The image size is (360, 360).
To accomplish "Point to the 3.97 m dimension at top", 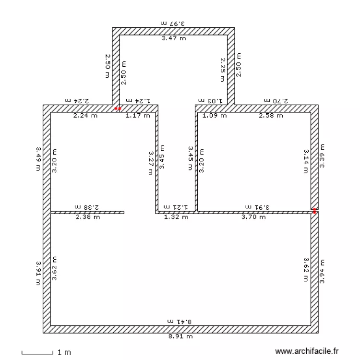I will tap(173, 23).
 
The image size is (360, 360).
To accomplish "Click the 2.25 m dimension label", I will tap(223, 70).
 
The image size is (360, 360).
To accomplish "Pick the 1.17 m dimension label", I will tap(138, 116).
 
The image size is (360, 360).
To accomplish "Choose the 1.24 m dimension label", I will tap(138, 100).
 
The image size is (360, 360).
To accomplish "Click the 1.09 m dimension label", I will tap(214, 116).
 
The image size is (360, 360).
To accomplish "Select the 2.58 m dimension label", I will tap(271, 116).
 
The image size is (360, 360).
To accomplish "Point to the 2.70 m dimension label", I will tap(276, 100).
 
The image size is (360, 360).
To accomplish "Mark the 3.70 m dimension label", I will tap(253, 217).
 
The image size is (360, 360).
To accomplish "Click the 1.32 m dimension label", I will tap(176, 217).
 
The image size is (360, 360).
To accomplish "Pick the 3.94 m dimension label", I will tap(322, 272).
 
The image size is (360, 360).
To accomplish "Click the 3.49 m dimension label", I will tap(38, 158).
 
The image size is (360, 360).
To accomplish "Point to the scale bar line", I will tap(37, 354).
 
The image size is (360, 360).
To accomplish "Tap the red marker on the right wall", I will tap(315, 210).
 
